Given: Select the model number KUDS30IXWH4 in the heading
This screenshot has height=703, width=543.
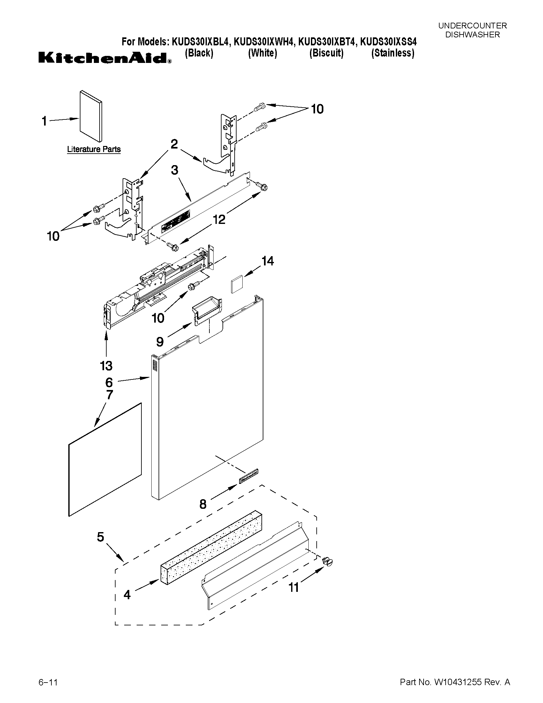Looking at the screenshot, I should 263,42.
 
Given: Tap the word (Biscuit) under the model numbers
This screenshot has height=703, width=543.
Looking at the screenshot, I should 326,53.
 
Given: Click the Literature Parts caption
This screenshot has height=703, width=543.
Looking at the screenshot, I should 94,149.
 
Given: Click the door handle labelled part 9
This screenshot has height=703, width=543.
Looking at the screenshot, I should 207,308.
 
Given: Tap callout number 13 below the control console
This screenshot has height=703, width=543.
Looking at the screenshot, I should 106,366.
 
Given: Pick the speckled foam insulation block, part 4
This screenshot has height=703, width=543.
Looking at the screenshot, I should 211,547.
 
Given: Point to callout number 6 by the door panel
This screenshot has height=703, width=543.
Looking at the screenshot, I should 109,382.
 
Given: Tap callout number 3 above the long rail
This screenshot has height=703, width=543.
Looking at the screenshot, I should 175,170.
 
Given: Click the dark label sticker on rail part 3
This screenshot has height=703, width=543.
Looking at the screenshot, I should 175,220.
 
